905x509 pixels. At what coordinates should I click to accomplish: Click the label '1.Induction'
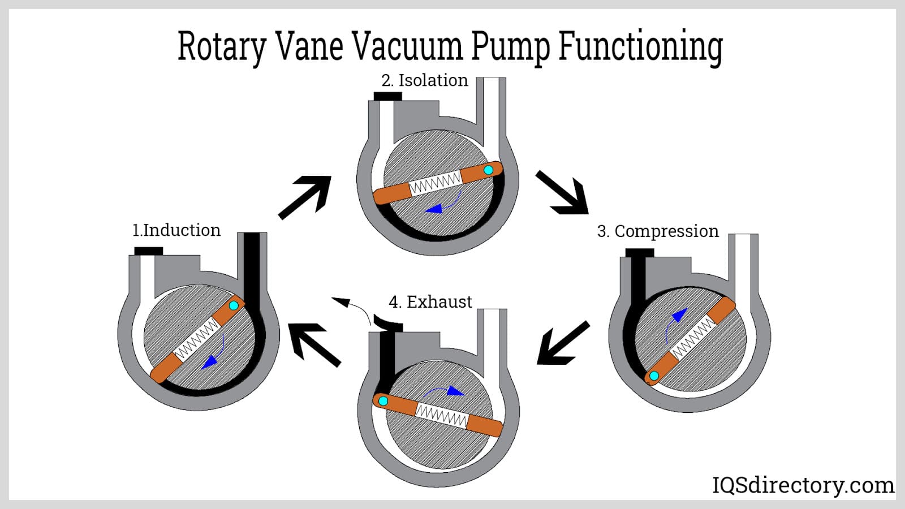[176, 230]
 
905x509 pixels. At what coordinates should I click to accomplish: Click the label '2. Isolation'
[425, 80]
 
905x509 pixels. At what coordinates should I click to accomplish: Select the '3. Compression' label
[658, 231]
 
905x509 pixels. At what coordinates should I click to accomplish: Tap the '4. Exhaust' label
[430, 302]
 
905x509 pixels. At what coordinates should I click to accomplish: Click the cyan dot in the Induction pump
[234, 305]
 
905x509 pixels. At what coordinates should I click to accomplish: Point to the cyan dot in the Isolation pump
[489, 170]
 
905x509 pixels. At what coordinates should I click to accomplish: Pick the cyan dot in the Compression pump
[654, 376]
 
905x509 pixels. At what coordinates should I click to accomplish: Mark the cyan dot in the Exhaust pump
[383, 401]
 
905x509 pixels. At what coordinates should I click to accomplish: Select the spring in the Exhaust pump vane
[442, 415]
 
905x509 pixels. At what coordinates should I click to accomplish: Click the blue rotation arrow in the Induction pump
[215, 353]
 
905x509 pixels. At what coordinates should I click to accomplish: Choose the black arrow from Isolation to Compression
[563, 193]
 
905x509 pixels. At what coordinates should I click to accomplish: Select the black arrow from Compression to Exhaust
[562, 343]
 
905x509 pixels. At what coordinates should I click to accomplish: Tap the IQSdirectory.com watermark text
[803, 485]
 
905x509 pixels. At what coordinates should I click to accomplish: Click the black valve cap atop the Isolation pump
[388, 96]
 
